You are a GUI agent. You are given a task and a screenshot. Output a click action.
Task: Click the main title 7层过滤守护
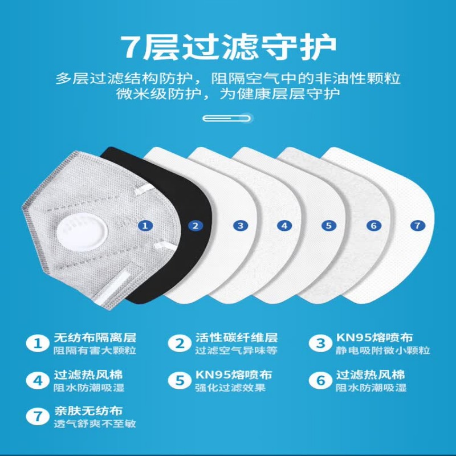tap(228, 46)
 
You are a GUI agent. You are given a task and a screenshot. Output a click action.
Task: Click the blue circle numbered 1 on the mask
tap(146, 225)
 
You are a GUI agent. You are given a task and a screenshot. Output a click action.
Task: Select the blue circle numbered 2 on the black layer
tap(196, 225)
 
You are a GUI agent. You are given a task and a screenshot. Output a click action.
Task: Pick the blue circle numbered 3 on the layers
tap(241, 225)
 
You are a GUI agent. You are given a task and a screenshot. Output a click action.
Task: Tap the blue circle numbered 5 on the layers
tap(329, 225)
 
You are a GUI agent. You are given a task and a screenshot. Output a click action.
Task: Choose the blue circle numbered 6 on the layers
tap(373, 225)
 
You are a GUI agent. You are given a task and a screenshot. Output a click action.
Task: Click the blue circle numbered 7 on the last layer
tap(418, 225)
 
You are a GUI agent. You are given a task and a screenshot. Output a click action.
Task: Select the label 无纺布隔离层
tap(95, 338)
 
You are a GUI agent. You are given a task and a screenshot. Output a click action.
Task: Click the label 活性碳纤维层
tap(236, 338)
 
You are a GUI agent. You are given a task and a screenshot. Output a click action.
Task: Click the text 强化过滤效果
tap(230, 388)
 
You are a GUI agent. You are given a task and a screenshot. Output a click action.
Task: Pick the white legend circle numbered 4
tap(38, 380)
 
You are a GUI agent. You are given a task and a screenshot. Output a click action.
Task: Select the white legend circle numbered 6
tap(321, 380)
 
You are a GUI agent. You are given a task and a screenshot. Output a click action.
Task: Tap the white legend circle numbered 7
tap(38, 417)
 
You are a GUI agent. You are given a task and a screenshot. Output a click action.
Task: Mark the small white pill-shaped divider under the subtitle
tap(228, 119)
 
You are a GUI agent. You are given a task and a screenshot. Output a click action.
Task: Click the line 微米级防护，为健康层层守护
tap(228, 93)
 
